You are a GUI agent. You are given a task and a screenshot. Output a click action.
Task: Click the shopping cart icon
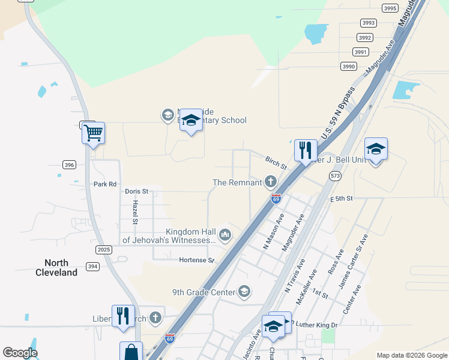(x=93, y=132)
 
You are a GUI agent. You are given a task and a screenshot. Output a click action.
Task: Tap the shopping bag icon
(x=131, y=352)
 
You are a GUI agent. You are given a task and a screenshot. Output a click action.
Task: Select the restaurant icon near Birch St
(x=306, y=150)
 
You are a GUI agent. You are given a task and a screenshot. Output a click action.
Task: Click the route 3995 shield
(x=390, y=8)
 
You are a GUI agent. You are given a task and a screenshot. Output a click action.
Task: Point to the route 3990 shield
(x=349, y=67)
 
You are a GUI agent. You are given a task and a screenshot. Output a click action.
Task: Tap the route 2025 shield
(x=104, y=249)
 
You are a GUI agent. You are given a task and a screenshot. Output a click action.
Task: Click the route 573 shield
(x=335, y=175)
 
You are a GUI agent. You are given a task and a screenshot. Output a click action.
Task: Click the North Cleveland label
(x=60, y=268)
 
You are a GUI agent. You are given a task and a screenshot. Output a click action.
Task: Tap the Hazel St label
(x=136, y=212)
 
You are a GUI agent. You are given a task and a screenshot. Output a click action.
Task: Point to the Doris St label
(x=136, y=191)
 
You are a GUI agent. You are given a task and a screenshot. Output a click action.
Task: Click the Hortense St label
(x=196, y=260)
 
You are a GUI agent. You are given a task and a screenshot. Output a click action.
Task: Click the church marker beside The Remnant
(x=271, y=182)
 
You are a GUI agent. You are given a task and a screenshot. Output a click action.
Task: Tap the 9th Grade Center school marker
(x=244, y=292)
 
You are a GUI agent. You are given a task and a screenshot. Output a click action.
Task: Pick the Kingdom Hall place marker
(x=225, y=235)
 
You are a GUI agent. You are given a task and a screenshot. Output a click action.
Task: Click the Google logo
(x=20, y=353)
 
